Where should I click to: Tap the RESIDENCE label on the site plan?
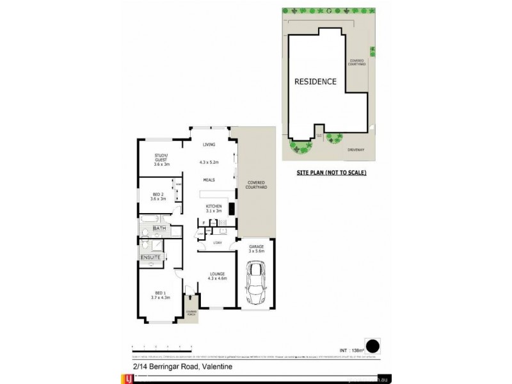coord(315,82)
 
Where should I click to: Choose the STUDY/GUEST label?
coord(161,157)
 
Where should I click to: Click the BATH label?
coord(159,228)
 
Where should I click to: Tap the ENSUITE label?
coord(150,257)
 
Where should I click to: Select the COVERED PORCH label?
coord(191,313)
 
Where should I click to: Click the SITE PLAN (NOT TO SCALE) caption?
coord(331,173)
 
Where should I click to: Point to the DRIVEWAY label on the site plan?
coord(356,150)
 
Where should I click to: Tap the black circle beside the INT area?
coord(372,346)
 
